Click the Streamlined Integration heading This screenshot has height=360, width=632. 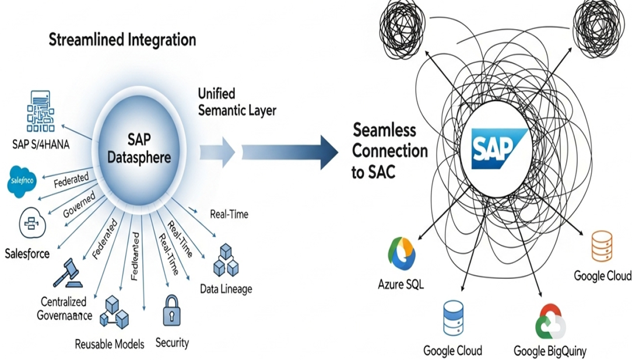(122, 40)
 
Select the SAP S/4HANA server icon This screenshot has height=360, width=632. (39, 111)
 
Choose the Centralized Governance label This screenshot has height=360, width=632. (65, 308)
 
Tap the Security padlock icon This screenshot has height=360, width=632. (171, 310)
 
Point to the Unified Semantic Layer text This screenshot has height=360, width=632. (237, 102)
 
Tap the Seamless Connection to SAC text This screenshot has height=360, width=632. (390, 151)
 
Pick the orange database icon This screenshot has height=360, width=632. (601, 245)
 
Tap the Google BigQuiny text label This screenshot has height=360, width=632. (549, 351)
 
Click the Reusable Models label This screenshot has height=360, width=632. (110, 344)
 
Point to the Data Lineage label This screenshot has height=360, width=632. (226, 289)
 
